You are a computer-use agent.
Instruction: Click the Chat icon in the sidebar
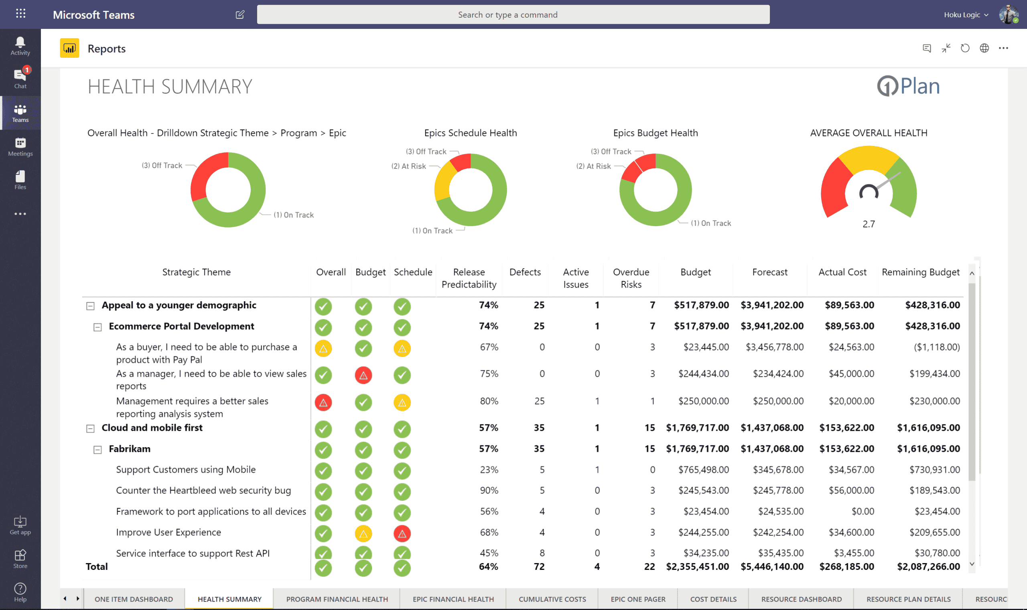(20, 78)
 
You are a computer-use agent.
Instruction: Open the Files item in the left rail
(20, 180)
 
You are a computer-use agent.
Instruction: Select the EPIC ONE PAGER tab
(637, 599)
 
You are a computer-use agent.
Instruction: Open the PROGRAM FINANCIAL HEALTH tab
(337, 599)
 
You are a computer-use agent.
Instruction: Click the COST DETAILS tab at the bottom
(713, 599)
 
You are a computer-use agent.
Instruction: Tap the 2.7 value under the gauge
(868, 224)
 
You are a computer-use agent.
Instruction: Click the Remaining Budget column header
(920, 272)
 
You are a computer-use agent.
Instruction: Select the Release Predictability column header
(469, 278)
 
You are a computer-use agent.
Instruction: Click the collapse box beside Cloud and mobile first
(90, 428)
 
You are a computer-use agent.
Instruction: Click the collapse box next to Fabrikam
(97, 449)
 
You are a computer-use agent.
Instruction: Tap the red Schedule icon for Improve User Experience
(402, 533)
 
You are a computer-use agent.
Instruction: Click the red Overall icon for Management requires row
(323, 402)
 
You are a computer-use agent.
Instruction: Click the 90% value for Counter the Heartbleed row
(489, 490)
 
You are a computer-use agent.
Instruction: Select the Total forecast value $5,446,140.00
(772, 566)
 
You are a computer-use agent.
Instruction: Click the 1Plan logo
(908, 86)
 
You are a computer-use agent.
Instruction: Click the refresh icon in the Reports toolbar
(964, 48)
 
